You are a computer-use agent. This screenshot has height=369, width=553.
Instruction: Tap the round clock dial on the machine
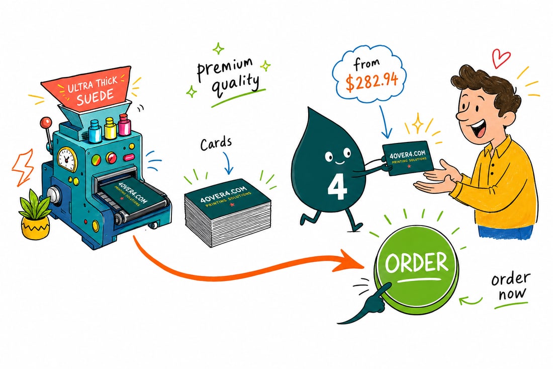tap(67, 158)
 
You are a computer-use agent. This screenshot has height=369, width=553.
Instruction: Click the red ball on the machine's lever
tap(45, 123)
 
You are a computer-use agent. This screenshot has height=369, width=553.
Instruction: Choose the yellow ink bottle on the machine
tap(110, 128)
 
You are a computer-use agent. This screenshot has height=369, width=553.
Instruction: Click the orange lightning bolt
tap(22, 167)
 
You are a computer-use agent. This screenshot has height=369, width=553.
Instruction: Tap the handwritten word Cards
tap(216, 144)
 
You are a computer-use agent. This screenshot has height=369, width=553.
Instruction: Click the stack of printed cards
tap(227, 212)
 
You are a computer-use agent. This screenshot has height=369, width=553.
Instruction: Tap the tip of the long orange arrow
tap(363, 265)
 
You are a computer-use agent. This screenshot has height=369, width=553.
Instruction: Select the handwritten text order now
tap(510, 287)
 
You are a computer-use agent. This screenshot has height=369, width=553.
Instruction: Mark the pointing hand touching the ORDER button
tap(367, 303)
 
